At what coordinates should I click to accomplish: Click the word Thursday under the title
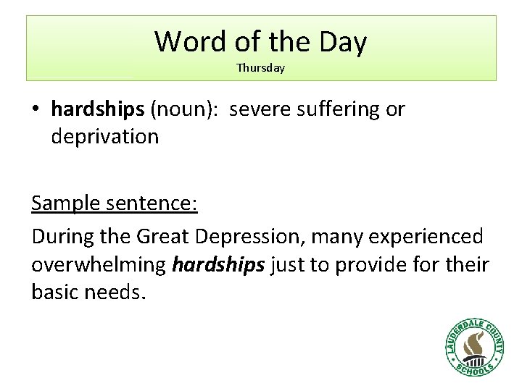click(x=260, y=68)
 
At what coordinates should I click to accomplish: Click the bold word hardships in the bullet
click(x=98, y=109)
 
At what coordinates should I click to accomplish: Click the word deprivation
click(x=104, y=136)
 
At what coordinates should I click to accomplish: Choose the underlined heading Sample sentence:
click(x=115, y=203)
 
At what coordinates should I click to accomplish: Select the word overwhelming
click(x=99, y=265)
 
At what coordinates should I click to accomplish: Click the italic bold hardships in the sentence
click(x=219, y=265)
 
